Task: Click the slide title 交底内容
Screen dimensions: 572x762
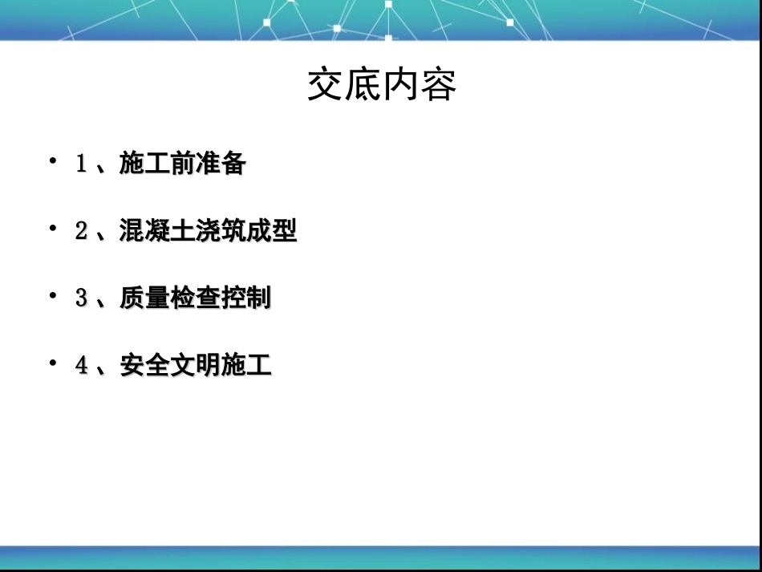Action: click(x=382, y=86)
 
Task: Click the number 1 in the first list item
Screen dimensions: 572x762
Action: click(x=81, y=164)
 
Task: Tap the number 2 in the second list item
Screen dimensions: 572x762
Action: click(x=81, y=232)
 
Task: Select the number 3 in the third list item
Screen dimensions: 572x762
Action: click(x=81, y=298)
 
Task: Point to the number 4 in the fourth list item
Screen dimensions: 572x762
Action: click(x=81, y=366)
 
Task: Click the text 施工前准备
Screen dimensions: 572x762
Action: click(x=182, y=164)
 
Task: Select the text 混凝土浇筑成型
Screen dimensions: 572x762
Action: click(x=208, y=232)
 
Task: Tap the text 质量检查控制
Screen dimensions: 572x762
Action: click(x=195, y=298)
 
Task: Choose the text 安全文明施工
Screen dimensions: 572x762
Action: click(x=195, y=366)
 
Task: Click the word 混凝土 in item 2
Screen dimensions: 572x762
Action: click(x=157, y=232)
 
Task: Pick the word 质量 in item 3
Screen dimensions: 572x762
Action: click(x=144, y=298)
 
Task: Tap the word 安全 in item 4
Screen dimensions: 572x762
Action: click(x=144, y=366)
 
